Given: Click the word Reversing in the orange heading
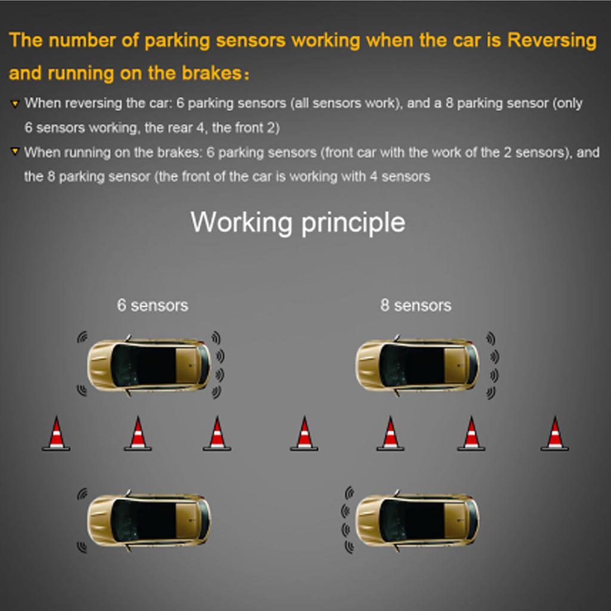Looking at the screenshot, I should tap(551, 41).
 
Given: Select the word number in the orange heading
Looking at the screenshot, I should tap(79, 41).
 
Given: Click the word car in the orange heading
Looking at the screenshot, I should tap(471, 41).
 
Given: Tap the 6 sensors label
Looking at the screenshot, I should tap(152, 305).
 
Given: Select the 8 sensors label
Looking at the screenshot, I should tap(416, 305).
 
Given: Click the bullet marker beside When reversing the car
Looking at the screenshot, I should tap(15, 104).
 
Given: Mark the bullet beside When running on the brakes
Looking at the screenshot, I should tap(15, 153).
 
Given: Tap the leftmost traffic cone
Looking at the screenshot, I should tap(56, 434).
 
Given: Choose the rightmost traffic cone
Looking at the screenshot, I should tap(554, 434).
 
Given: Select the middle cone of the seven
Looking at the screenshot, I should tap(304, 434).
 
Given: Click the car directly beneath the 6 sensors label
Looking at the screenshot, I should tap(149, 365).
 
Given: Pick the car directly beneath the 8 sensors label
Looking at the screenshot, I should tap(418, 365).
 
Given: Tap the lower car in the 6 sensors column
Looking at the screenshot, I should tap(149, 520).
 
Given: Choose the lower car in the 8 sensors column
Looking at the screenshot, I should tap(418, 520).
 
